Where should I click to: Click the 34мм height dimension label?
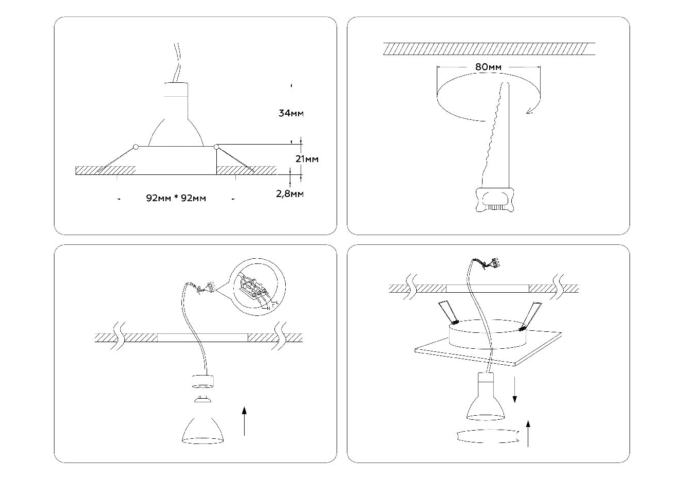(291, 113)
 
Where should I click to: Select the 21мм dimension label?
(307, 159)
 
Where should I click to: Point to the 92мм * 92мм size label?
(176, 199)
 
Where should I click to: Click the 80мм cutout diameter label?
(488, 67)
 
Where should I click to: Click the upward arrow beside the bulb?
(244, 421)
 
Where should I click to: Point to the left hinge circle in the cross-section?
(135, 147)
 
